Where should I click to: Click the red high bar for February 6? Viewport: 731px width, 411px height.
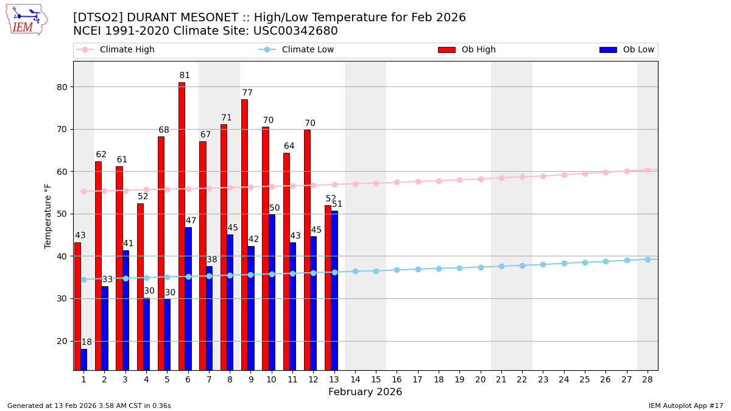coord(182,226)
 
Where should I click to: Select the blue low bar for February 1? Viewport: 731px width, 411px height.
coord(83,359)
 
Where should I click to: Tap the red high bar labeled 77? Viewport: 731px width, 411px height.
coord(244,234)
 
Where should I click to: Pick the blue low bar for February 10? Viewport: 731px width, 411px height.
coord(272,292)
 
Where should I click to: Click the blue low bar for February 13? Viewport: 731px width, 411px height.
coord(334,290)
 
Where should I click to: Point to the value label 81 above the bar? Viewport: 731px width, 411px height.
coord(185,76)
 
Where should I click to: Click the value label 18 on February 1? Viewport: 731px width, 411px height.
coord(87,342)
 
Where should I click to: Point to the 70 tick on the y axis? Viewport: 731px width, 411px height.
coord(62,129)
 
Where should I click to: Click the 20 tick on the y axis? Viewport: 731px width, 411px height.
coord(62,341)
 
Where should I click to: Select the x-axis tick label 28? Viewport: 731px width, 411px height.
coord(648,379)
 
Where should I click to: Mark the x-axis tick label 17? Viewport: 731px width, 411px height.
coord(418,379)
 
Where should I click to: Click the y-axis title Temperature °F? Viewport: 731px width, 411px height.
coord(48,216)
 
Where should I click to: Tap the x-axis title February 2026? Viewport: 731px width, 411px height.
coord(365,392)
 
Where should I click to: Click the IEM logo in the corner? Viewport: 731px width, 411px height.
coord(26,19)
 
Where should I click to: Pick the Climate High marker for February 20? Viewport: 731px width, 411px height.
coord(481,179)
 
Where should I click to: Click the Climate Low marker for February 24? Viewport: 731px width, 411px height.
coord(564,263)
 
